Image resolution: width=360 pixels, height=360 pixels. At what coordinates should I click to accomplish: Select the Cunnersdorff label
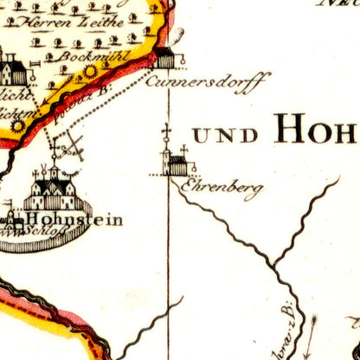click(x=208, y=80)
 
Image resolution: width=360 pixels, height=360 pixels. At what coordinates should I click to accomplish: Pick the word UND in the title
click(x=225, y=135)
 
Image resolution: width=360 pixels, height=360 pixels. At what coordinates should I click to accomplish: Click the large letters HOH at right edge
click(x=315, y=131)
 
